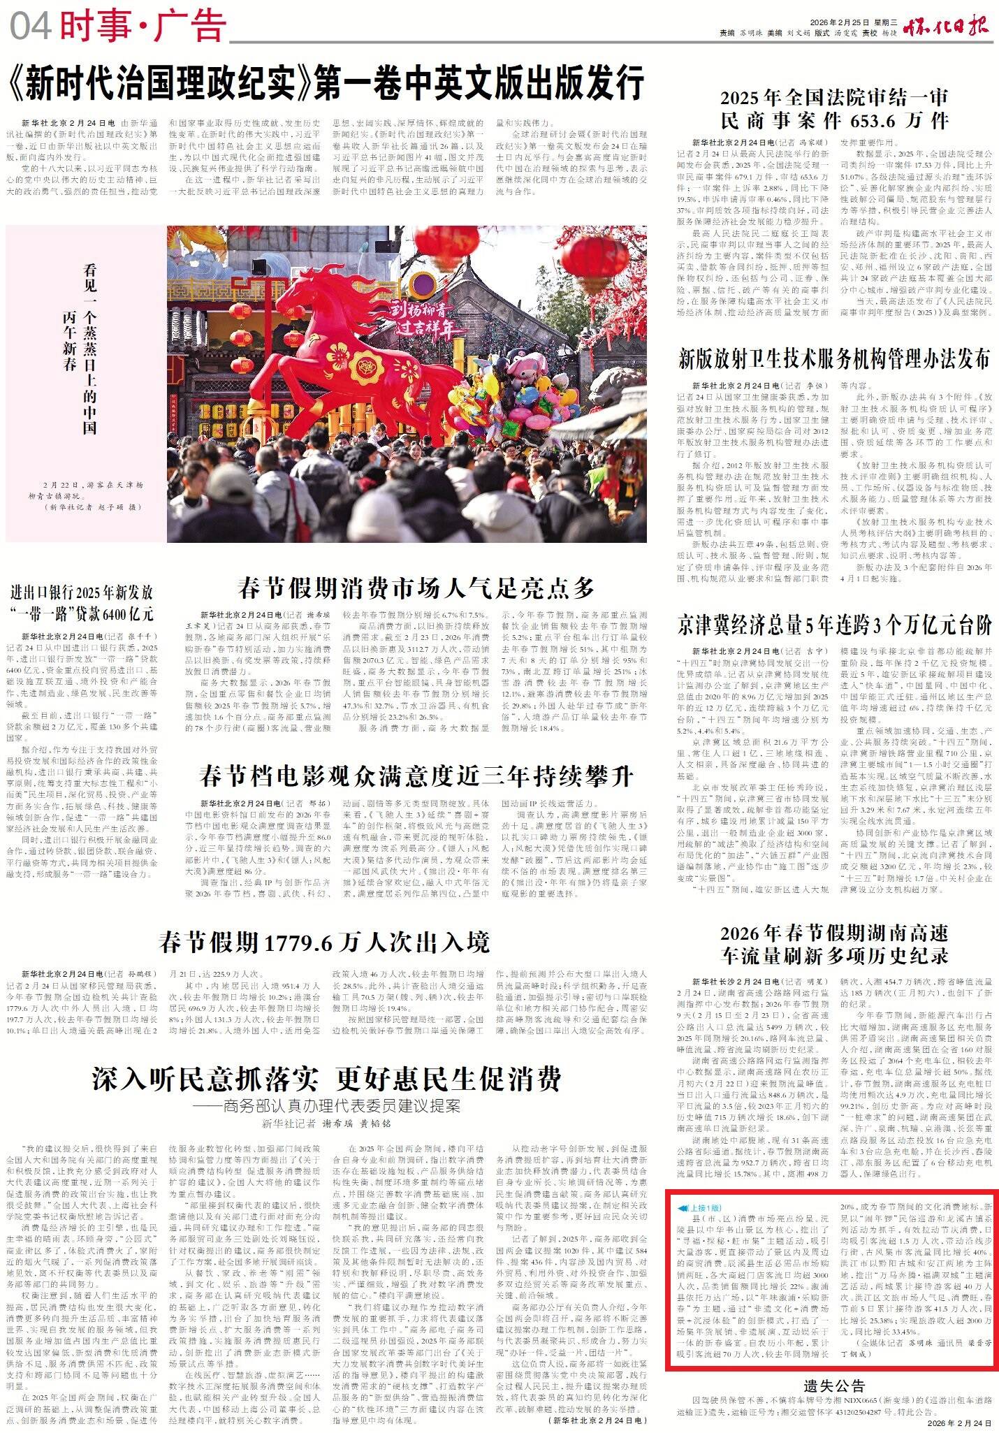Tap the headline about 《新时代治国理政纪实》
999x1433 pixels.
click(x=325, y=83)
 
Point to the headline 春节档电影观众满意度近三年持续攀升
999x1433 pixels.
click(x=416, y=776)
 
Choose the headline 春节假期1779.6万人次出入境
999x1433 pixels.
click(x=324, y=943)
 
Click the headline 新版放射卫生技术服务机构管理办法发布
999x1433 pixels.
click(x=834, y=359)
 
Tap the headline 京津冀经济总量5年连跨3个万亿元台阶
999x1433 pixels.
click(x=834, y=624)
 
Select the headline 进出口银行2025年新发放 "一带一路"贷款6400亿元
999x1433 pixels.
click(x=82, y=603)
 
